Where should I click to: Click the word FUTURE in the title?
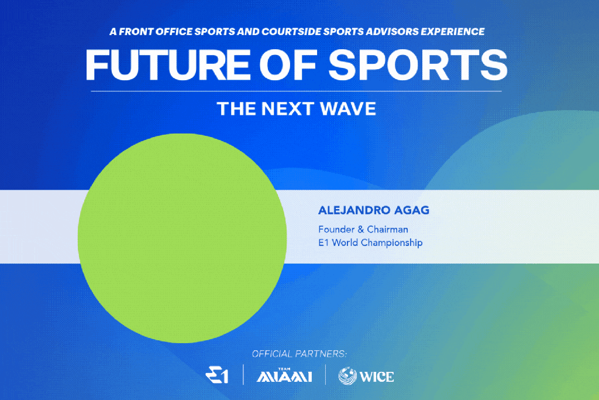[x=168, y=64]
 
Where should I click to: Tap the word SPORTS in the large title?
[x=418, y=64]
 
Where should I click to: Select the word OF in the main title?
[x=289, y=64]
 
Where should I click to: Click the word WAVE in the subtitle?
[x=348, y=108]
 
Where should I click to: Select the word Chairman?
[x=387, y=230]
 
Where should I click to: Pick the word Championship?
[x=391, y=243]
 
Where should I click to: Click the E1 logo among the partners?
[x=217, y=375]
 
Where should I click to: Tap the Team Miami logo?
[x=284, y=375]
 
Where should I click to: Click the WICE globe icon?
[x=347, y=376]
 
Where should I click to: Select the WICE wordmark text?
[x=377, y=377]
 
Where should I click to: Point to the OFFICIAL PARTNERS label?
[x=299, y=354]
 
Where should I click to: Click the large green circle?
[x=183, y=238]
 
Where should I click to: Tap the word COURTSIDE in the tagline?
[x=291, y=32]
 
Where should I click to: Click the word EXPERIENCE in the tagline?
[x=453, y=32]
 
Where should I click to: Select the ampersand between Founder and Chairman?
[x=360, y=230]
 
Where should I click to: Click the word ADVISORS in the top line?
[x=392, y=32]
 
